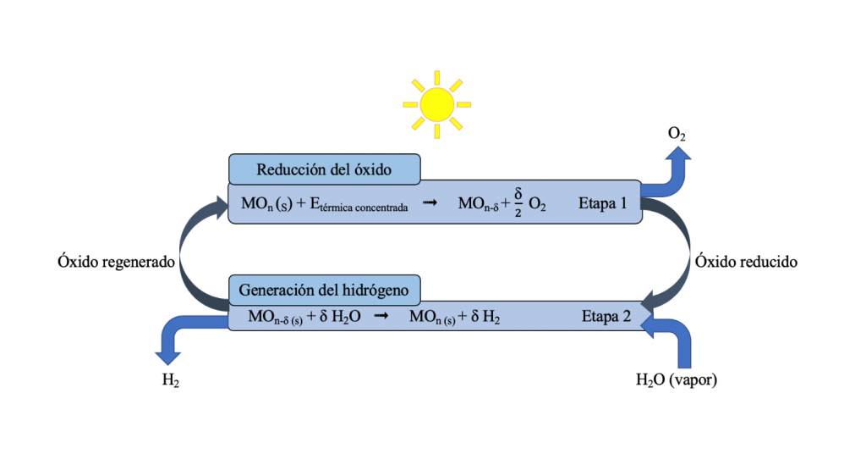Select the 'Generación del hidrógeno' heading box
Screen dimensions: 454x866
coord(324,291)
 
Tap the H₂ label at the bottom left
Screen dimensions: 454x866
coord(170,381)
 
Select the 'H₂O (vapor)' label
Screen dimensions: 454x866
coord(677,380)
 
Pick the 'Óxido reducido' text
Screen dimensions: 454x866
coord(746,263)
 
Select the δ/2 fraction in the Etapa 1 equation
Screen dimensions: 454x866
coord(517,203)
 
